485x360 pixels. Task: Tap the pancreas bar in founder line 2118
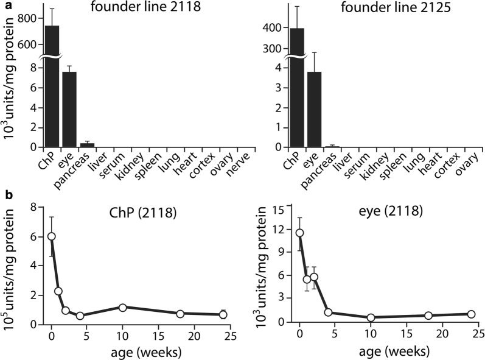click(x=87, y=145)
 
